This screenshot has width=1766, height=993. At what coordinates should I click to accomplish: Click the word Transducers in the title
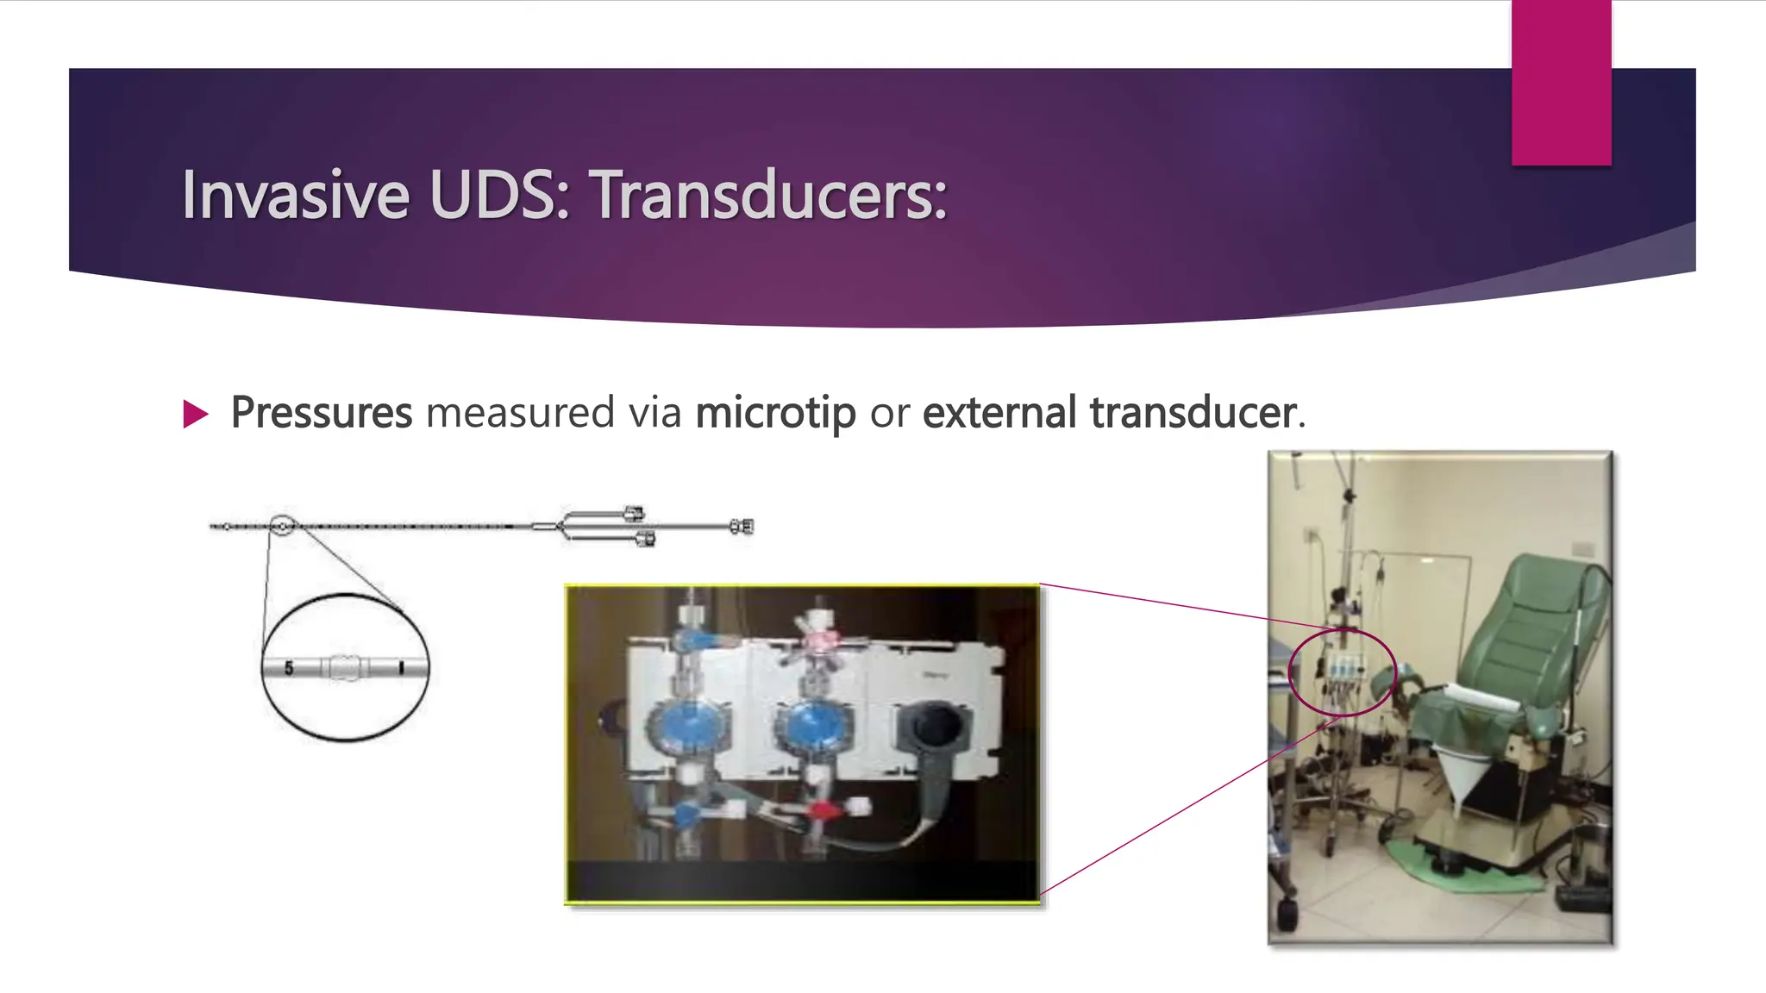click(767, 196)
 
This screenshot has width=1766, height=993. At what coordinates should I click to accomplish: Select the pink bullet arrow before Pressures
click(196, 415)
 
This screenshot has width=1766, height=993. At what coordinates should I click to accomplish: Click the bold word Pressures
click(322, 413)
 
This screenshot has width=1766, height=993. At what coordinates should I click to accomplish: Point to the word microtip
click(775, 413)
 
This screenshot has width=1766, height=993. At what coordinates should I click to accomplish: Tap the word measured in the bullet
click(520, 413)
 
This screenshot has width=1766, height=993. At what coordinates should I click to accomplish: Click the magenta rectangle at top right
click(1561, 82)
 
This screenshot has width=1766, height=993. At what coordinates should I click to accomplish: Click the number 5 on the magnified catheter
click(289, 668)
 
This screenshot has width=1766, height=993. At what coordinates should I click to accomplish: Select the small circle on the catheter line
click(282, 525)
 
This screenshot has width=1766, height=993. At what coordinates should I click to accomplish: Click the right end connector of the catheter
click(742, 526)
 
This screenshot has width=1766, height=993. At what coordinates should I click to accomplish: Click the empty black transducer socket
click(934, 727)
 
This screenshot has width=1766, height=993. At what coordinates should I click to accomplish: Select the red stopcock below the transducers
click(823, 810)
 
